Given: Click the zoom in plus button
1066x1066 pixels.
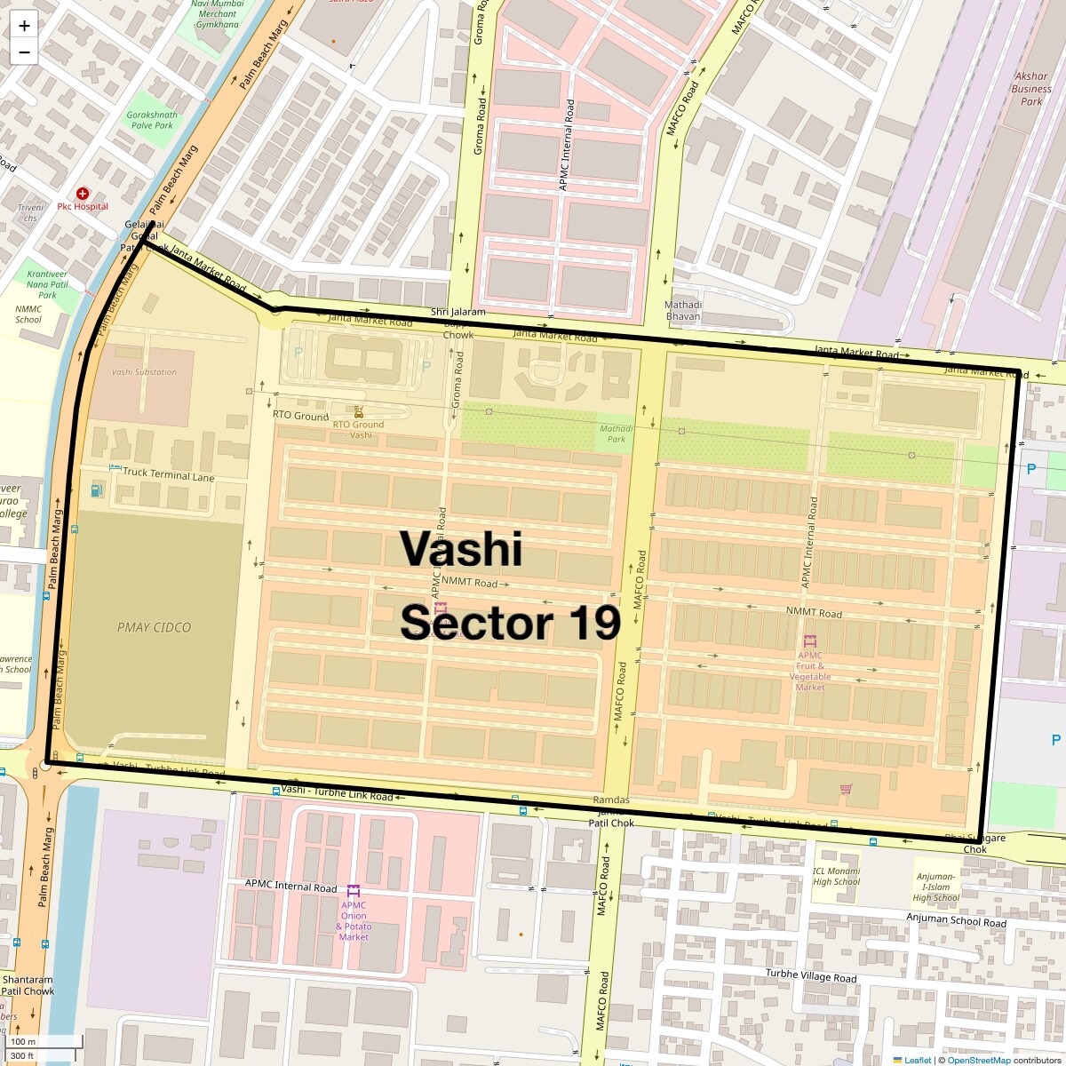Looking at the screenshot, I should point(24,26).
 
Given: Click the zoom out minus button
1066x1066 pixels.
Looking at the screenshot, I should point(24,52).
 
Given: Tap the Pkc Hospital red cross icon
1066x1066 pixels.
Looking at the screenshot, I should point(83,193).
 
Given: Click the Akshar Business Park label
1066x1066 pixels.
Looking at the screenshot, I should point(1031,89).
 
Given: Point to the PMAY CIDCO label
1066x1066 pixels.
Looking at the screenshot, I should point(154,627).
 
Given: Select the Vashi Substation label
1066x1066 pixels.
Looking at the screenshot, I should point(144,372).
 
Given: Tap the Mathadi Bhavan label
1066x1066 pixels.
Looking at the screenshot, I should point(683,310).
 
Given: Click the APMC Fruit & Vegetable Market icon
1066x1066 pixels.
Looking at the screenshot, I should point(809,640).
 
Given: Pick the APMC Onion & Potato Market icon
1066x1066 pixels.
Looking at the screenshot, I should point(354,890).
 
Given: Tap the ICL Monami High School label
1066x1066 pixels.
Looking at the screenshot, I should point(836,876).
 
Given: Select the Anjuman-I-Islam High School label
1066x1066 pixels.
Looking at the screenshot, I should point(936,887).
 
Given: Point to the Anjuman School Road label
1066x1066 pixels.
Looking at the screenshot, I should point(956,922).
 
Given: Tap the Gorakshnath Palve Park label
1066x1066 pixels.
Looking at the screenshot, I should point(152,120).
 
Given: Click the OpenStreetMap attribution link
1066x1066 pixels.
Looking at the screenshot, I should point(979,1060).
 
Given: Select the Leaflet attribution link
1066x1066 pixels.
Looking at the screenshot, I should point(917,1060).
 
